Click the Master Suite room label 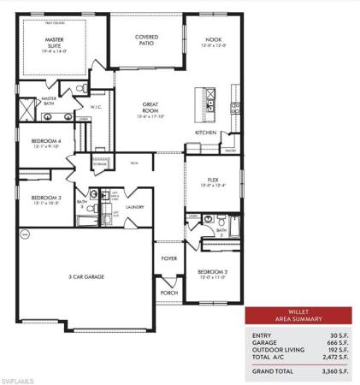tap(55, 43)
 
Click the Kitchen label tap(205, 133)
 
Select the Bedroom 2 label tap(212, 273)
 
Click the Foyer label tap(169, 258)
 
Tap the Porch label tap(168, 292)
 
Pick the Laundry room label tap(133, 207)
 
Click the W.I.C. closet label tap(97, 108)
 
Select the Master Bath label tap(48, 100)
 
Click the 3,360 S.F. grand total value tap(332, 372)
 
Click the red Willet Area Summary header tap(298, 315)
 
